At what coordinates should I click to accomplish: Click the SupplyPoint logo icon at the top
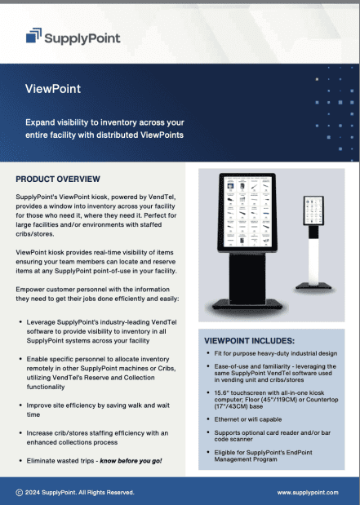[x=33, y=35]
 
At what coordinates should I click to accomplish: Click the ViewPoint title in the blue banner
[x=53, y=88]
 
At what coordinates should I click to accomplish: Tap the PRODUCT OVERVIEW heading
[x=58, y=179]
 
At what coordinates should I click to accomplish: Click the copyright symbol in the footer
[x=19, y=493]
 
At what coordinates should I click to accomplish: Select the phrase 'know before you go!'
[x=131, y=461]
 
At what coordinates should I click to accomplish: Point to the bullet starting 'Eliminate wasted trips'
[x=94, y=461]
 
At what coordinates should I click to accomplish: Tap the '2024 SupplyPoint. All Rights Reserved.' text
[x=79, y=493]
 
